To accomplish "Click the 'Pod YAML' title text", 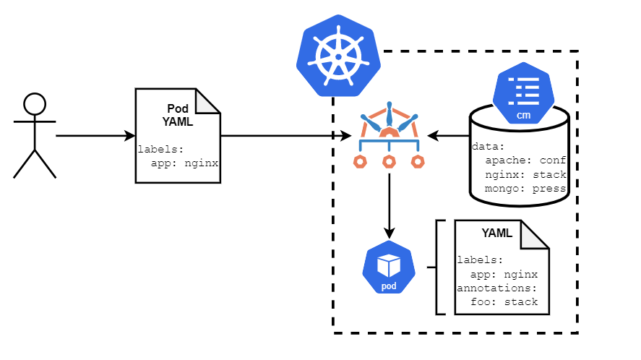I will (x=178, y=115).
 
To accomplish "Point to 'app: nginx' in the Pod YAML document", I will (x=184, y=163).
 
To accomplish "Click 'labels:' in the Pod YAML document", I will (x=161, y=150).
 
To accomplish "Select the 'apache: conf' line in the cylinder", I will (x=525, y=160).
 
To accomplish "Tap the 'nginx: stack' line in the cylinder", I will (x=525, y=175).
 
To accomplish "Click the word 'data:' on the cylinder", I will (x=489, y=146).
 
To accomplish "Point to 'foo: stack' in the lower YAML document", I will (x=504, y=301).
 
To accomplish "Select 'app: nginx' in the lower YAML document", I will (x=504, y=274).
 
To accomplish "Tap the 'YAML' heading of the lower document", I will (x=496, y=233).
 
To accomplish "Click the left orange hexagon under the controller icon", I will (x=360, y=161).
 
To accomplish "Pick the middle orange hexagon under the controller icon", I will (x=389, y=161).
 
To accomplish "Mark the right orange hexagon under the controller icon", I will (x=418, y=161).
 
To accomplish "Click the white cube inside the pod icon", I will (x=389, y=265).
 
